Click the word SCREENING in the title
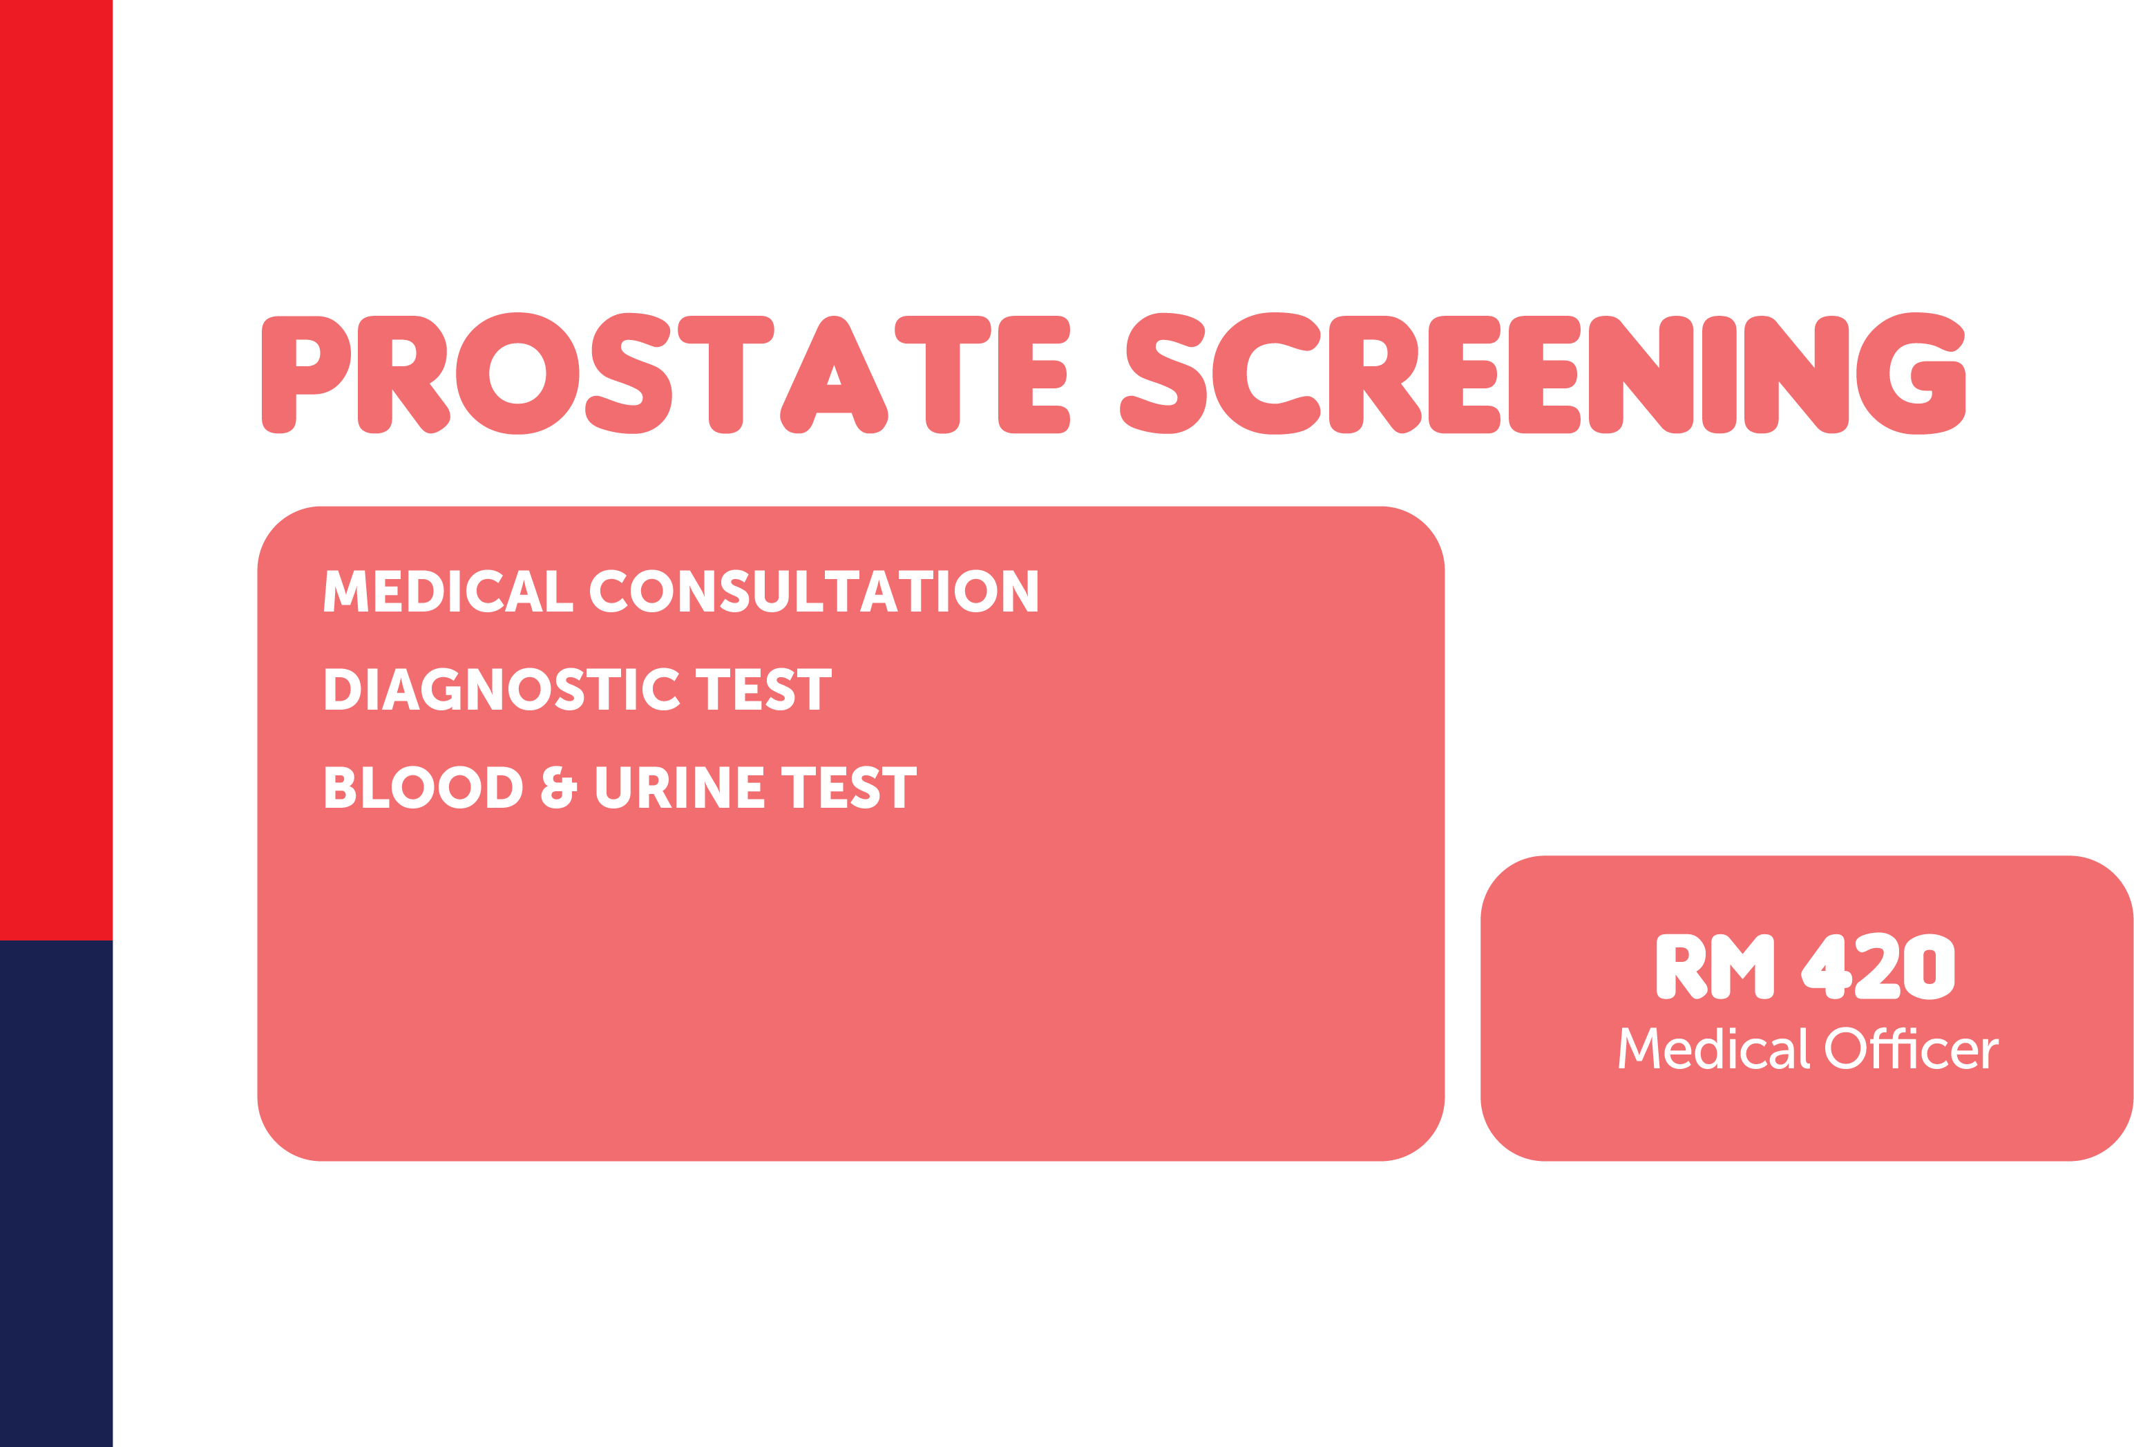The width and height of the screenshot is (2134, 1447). (1543, 373)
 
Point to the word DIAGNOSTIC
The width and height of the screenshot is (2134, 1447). (502, 689)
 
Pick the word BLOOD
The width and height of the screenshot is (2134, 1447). (423, 787)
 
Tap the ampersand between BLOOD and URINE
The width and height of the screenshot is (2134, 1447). (559, 787)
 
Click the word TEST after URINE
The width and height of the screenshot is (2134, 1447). (849, 787)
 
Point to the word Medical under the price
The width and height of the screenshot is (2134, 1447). (1715, 1048)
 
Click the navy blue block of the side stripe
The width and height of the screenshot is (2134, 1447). (56, 1193)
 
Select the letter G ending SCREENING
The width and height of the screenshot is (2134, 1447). (1911, 373)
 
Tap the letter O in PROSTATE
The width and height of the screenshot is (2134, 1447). (518, 373)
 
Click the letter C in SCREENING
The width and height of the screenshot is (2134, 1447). (1266, 373)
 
